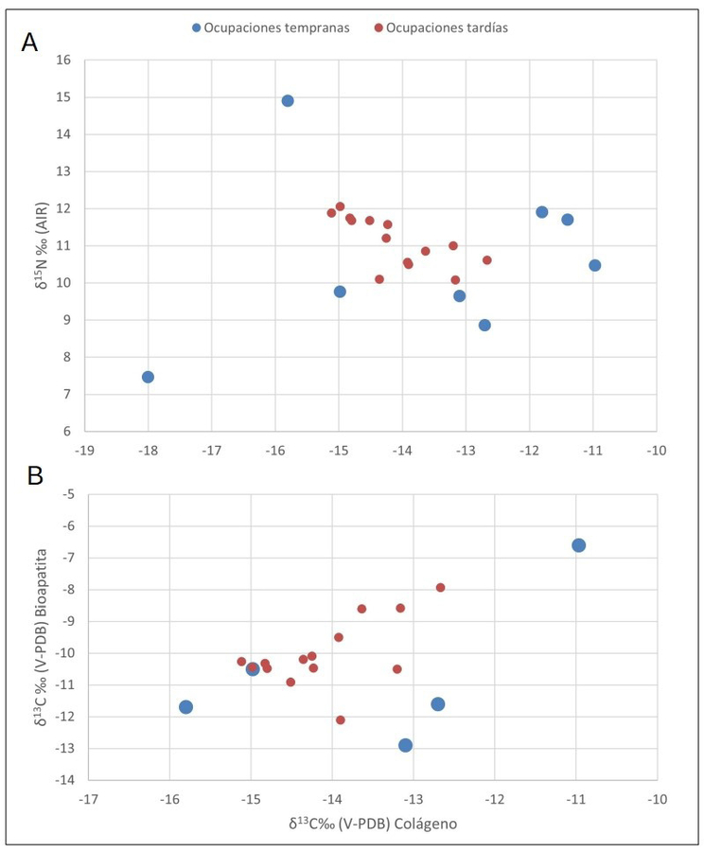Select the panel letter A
pos(30,43)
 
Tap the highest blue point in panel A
pos(288,100)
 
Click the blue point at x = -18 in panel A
pos(148,377)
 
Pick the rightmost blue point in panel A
pos(595,265)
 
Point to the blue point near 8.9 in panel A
pos(484,325)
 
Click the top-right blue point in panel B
pos(579,545)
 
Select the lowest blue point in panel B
pos(406,745)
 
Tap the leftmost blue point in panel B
pos(186,707)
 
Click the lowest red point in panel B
pos(341,719)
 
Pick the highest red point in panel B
pos(440,588)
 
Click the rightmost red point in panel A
pos(487,259)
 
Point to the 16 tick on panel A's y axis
pos(64,60)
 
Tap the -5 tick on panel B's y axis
pos(66,494)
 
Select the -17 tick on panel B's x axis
pos(88,799)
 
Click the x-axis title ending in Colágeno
pos(373,824)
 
